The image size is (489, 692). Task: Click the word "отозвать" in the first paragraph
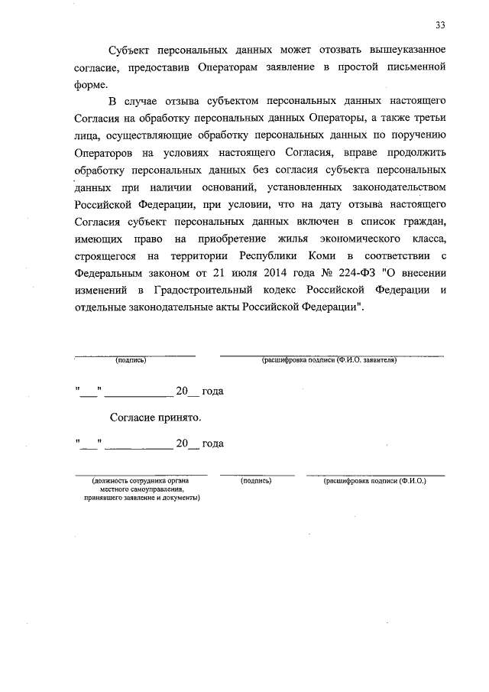click(x=303, y=49)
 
